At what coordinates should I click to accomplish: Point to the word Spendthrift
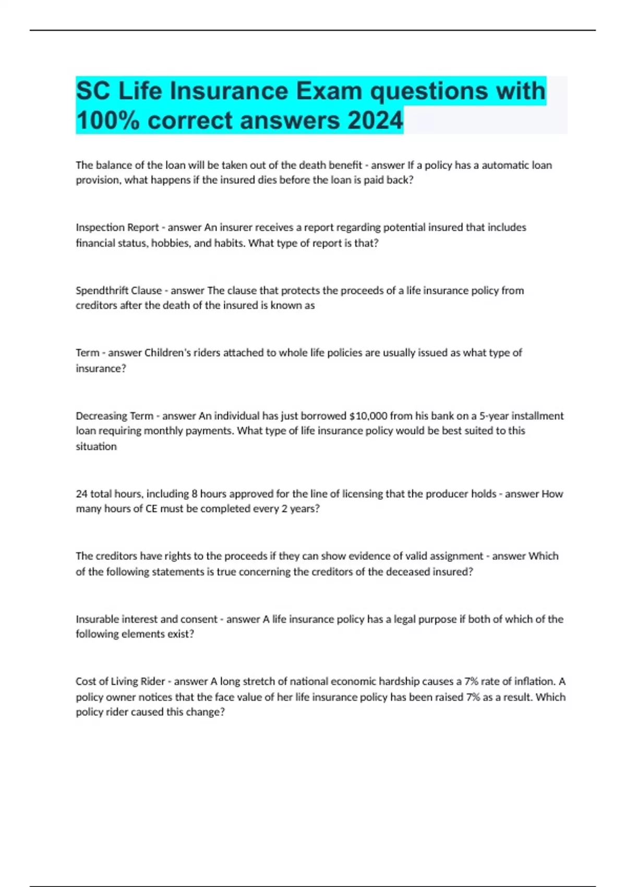coord(102,291)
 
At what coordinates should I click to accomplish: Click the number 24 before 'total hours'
coord(81,494)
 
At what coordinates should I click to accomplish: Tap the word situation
coord(96,447)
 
